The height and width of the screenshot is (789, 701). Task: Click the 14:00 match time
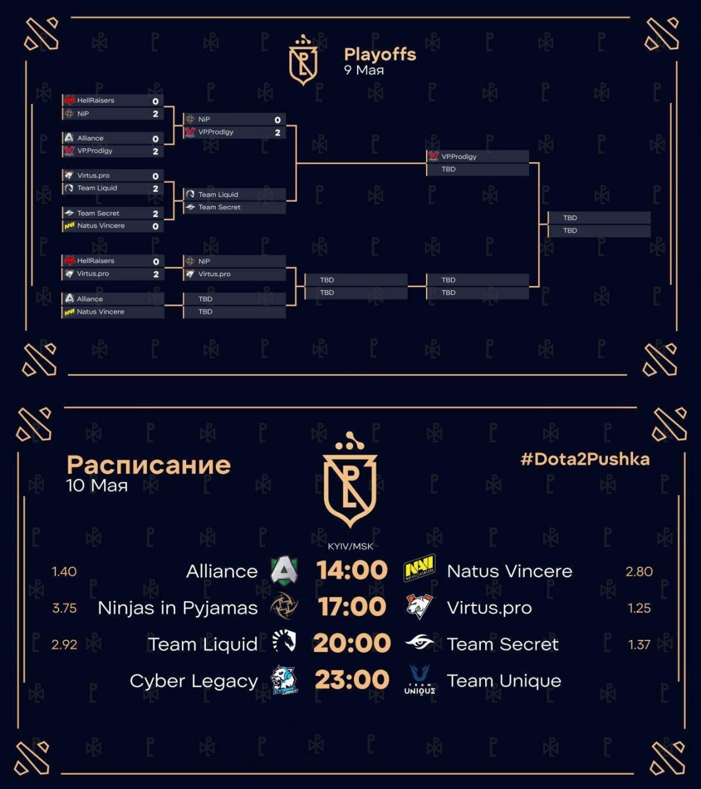pos(352,571)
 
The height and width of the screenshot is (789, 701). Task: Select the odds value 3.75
pos(64,608)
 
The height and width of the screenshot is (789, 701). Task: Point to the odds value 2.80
pos(639,571)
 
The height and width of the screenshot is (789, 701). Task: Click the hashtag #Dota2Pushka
pos(585,460)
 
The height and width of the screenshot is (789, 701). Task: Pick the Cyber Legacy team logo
pos(284,681)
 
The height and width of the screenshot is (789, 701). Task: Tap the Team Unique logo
pos(420,680)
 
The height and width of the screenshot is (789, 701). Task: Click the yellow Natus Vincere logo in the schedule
pos(419,568)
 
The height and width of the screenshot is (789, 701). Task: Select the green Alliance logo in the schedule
pos(284,571)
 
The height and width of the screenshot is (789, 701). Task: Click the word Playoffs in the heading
pos(380,54)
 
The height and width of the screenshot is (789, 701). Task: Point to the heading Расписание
pos(149,465)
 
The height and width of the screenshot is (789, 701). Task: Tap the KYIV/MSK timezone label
pos(350,546)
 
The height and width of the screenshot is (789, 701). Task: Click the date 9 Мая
pos(364,70)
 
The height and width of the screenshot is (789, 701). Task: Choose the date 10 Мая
pos(97,485)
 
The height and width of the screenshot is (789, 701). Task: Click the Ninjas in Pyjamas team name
pos(178,608)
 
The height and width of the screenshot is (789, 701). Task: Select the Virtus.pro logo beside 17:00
pos(419,607)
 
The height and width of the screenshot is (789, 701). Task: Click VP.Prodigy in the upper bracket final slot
pos(459,157)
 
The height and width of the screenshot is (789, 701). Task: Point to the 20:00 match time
pos(352,643)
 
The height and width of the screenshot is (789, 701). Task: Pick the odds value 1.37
pos(639,645)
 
